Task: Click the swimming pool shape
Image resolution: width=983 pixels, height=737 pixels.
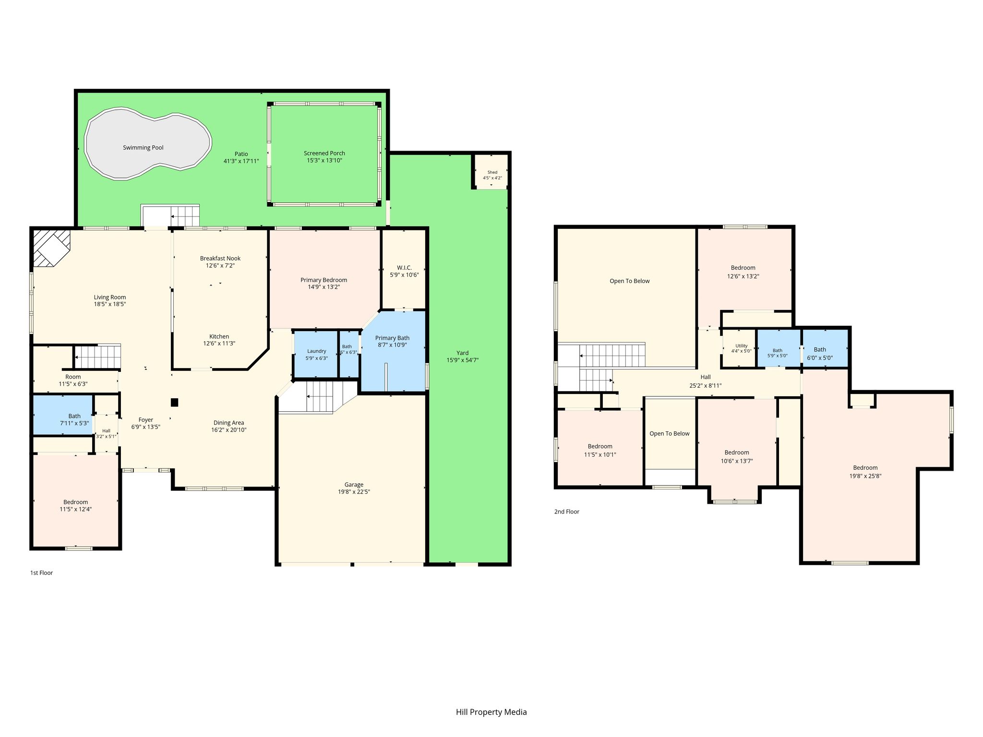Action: (148, 144)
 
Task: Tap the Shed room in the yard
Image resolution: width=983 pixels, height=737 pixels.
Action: (491, 172)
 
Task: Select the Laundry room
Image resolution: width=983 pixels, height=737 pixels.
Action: (316, 354)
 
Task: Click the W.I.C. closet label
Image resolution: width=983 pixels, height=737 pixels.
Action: (404, 268)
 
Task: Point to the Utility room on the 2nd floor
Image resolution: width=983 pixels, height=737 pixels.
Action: (740, 348)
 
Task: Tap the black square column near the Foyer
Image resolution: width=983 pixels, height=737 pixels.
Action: (175, 402)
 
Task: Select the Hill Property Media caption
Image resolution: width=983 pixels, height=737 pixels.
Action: (491, 712)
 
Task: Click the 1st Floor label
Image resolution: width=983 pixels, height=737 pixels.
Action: (41, 573)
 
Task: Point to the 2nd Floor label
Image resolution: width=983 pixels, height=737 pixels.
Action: (566, 511)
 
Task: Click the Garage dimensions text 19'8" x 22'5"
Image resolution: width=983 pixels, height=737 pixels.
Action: (354, 492)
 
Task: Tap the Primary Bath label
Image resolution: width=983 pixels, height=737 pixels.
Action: (392, 338)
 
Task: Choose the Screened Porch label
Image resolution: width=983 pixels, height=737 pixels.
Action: (324, 154)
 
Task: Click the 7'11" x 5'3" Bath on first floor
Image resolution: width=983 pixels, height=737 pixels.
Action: (62, 415)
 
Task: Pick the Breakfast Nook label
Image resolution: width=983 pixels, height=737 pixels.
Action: (220, 259)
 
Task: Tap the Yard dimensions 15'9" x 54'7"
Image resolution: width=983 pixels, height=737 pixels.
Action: (463, 360)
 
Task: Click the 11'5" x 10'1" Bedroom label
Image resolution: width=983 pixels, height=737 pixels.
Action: (600, 447)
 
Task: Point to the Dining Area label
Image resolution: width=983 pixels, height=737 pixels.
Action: (228, 423)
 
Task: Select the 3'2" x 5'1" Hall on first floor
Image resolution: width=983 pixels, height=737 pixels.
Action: (106, 433)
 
